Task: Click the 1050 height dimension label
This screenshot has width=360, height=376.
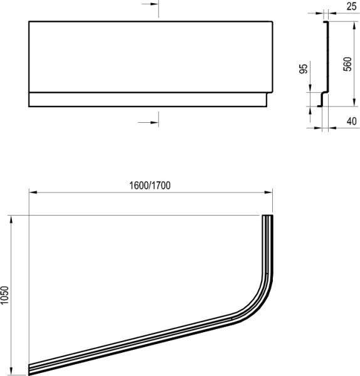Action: pyautogui.click(x=6, y=295)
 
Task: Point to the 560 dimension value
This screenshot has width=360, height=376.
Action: pyautogui.click(x=347, y=62)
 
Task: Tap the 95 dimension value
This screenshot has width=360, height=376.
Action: pyautogui.click(x=303, y=69)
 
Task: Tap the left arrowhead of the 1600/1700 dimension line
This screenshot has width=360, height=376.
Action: pyautogui.click(x=32, y=192)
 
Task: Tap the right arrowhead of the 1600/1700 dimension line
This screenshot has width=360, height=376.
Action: pyautogui.click(x=268, y=192)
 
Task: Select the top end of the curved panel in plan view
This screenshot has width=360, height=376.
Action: pyautogui.click(x=268, y=217)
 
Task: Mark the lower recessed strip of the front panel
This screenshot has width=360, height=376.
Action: pyautogui.click(x=147, y=101)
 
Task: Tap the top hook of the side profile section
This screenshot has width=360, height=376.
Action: pyautogui.click(x=325, y=23)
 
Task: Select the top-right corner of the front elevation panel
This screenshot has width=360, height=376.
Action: pyautogui.click(x=273, y=23)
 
